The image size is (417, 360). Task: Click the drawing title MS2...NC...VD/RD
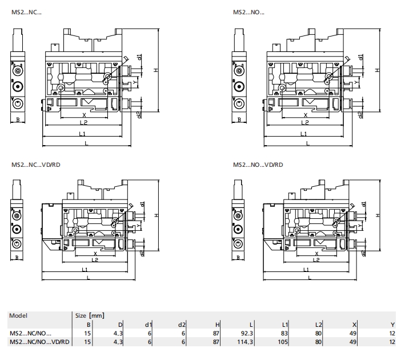pyautogui.click(x=36, y=165)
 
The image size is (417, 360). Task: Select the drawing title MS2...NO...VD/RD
pyautogui.click(x=258, y=165)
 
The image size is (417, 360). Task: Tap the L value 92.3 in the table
pyautogui.click(x=247, y=333)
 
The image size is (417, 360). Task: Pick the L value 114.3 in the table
pyautogui.click(x=245, y=342)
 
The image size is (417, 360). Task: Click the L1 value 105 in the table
pyautogui.click(x=283, y=342)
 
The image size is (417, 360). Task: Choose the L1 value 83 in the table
pyautogui.click(x=284, y=333)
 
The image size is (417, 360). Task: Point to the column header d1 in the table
pyautogui.click(x=149, y=325)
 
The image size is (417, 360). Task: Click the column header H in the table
pyautogui.click(x=218, y=325)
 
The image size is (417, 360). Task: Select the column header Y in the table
pyautogui.click(x=392, y=325)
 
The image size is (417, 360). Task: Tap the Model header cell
pyautogui.click(x=18, y=315)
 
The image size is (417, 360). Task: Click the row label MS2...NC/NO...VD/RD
pyautogui.click(x=39, y=342)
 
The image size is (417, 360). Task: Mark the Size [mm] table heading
pyautogui.click(x=90, y=315)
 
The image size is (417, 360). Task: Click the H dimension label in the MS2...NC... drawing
pyautogui.click(x=156, y=70)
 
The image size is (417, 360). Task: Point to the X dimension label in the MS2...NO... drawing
pyautogui.click(x=305, y=115)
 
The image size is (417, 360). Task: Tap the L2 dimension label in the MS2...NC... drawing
pyautogui.click(x=83, y=123)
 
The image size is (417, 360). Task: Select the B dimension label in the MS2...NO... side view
pyautogui.click(x=239, y=120)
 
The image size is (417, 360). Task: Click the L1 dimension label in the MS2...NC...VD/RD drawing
pyautogui.click(x=85, y=270)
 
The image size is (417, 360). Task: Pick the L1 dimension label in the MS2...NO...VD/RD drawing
pyautogui.click(x=306, y=270)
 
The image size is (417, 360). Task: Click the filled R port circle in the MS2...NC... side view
pyautogui.click(x=18, y=87)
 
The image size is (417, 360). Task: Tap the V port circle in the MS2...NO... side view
pyautogui.click(x=239, y=103)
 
